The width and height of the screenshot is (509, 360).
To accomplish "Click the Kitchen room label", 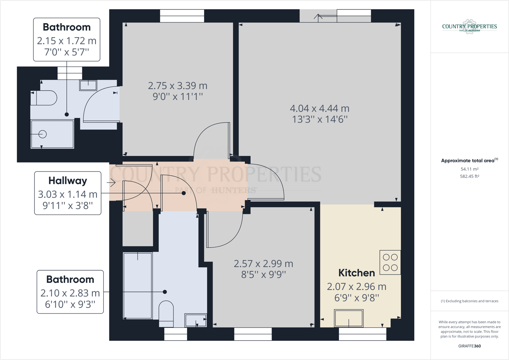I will [x=356, y=273].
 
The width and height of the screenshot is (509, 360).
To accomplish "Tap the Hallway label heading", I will [x=68, y=181].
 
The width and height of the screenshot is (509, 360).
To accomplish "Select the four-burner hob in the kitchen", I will [x=390, y=262].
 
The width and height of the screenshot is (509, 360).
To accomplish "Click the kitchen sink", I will [x=349, y=318].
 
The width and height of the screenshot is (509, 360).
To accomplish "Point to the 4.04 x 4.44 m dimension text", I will [x=320, y=108].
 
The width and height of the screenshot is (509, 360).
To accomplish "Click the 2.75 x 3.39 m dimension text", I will [x=178, y=86].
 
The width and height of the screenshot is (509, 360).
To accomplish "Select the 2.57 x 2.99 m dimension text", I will [x=263, y=263].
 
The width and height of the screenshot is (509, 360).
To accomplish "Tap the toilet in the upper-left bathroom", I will [x=44, y=98].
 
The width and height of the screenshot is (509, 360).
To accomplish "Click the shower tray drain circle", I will [x=43, y=134].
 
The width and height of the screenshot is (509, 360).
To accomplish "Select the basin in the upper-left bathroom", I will [x=88, y=85].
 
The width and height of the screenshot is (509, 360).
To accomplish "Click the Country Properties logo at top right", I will [x=469, y=27].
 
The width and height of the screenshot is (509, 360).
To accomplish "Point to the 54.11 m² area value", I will [x=469, y=169].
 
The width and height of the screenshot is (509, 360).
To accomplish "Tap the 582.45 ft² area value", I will [x=469, y=176].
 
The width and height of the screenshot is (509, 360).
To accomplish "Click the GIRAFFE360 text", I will [x=469, y=346].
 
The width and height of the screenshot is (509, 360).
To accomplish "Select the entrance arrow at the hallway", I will [x=111, y=183].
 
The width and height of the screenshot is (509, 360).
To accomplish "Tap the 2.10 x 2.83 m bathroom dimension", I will [x=70, y=293].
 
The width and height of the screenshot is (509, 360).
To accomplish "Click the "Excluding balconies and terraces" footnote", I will [x=469, y=301].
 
